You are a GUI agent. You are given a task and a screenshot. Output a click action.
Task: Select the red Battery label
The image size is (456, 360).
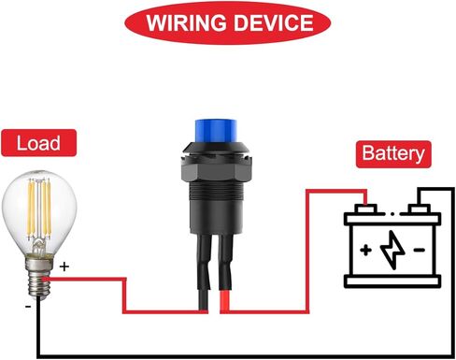[x=392, y=153]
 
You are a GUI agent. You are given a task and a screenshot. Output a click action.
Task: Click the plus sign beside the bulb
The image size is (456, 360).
[x=64, y=266]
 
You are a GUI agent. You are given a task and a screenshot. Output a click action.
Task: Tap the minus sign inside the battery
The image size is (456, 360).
[x=419, y=250]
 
